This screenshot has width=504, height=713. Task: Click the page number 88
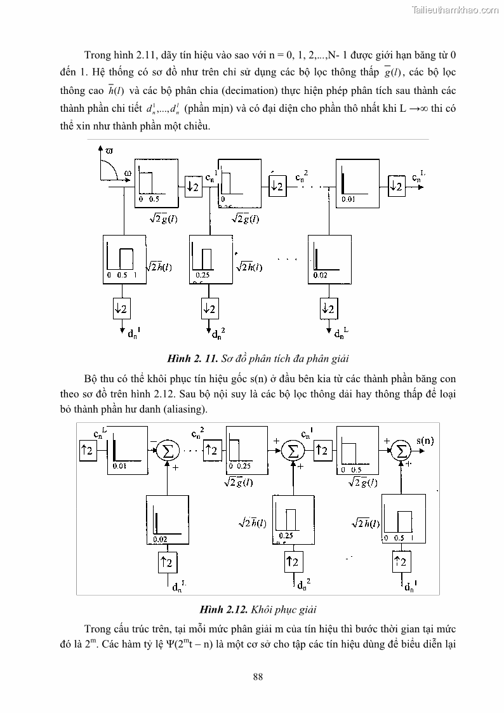coord(258,676)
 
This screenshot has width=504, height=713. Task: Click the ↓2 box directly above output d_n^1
coord(121,309)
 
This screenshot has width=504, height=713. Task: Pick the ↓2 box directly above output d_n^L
coord(328,309)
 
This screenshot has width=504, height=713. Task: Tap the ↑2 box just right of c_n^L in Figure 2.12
coord(87,450)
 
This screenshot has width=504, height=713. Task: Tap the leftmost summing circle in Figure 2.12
coord(168,451)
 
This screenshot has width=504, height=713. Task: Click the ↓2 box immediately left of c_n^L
coord(396,186)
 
